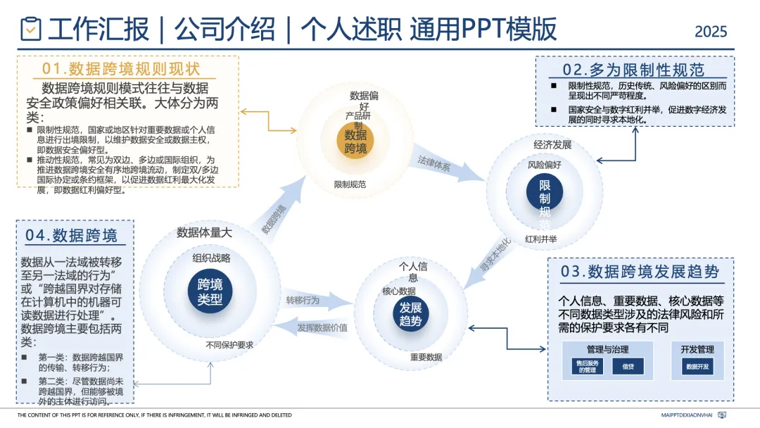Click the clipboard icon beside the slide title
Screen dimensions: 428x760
coord(30,29)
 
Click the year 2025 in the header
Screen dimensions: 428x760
coord(711,32)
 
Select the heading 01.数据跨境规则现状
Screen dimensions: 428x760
coord(121,68)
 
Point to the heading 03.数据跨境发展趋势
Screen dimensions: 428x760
coord(640,272)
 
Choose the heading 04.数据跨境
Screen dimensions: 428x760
coord(72,235)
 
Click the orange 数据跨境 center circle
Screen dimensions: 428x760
coord(355,141)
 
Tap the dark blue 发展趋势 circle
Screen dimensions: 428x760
coord(410,315)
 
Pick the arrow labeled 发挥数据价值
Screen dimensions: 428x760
coord(317,327)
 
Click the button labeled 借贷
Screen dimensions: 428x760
coord(628,367)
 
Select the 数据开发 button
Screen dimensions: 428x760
coord(697,367)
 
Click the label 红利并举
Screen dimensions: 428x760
coord(540,239)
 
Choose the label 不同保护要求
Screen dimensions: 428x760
coord(229,345)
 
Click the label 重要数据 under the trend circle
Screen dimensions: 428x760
coord(426,357)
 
